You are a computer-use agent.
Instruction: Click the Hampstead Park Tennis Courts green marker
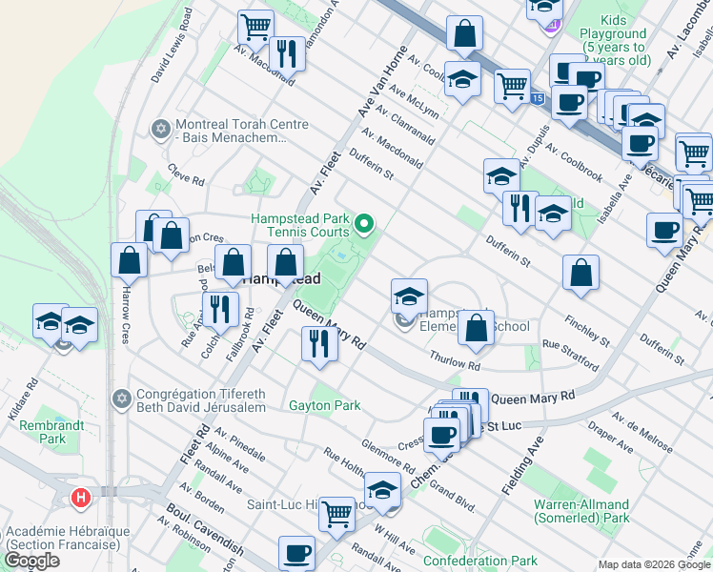click(x=363, y=226)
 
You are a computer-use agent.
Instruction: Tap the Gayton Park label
click(x=324, y=405)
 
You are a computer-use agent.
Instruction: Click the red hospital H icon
click(x=82, y=497)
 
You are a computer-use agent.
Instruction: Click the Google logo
click(x=31, y=561)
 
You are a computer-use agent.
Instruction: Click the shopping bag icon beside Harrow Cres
click(x=129, y=260)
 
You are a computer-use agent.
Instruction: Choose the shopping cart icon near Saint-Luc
click(x=336, y=514)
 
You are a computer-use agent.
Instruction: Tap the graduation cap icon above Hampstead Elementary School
click(x=409, y=296)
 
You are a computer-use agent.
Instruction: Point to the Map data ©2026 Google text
click(x=653, y=564)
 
